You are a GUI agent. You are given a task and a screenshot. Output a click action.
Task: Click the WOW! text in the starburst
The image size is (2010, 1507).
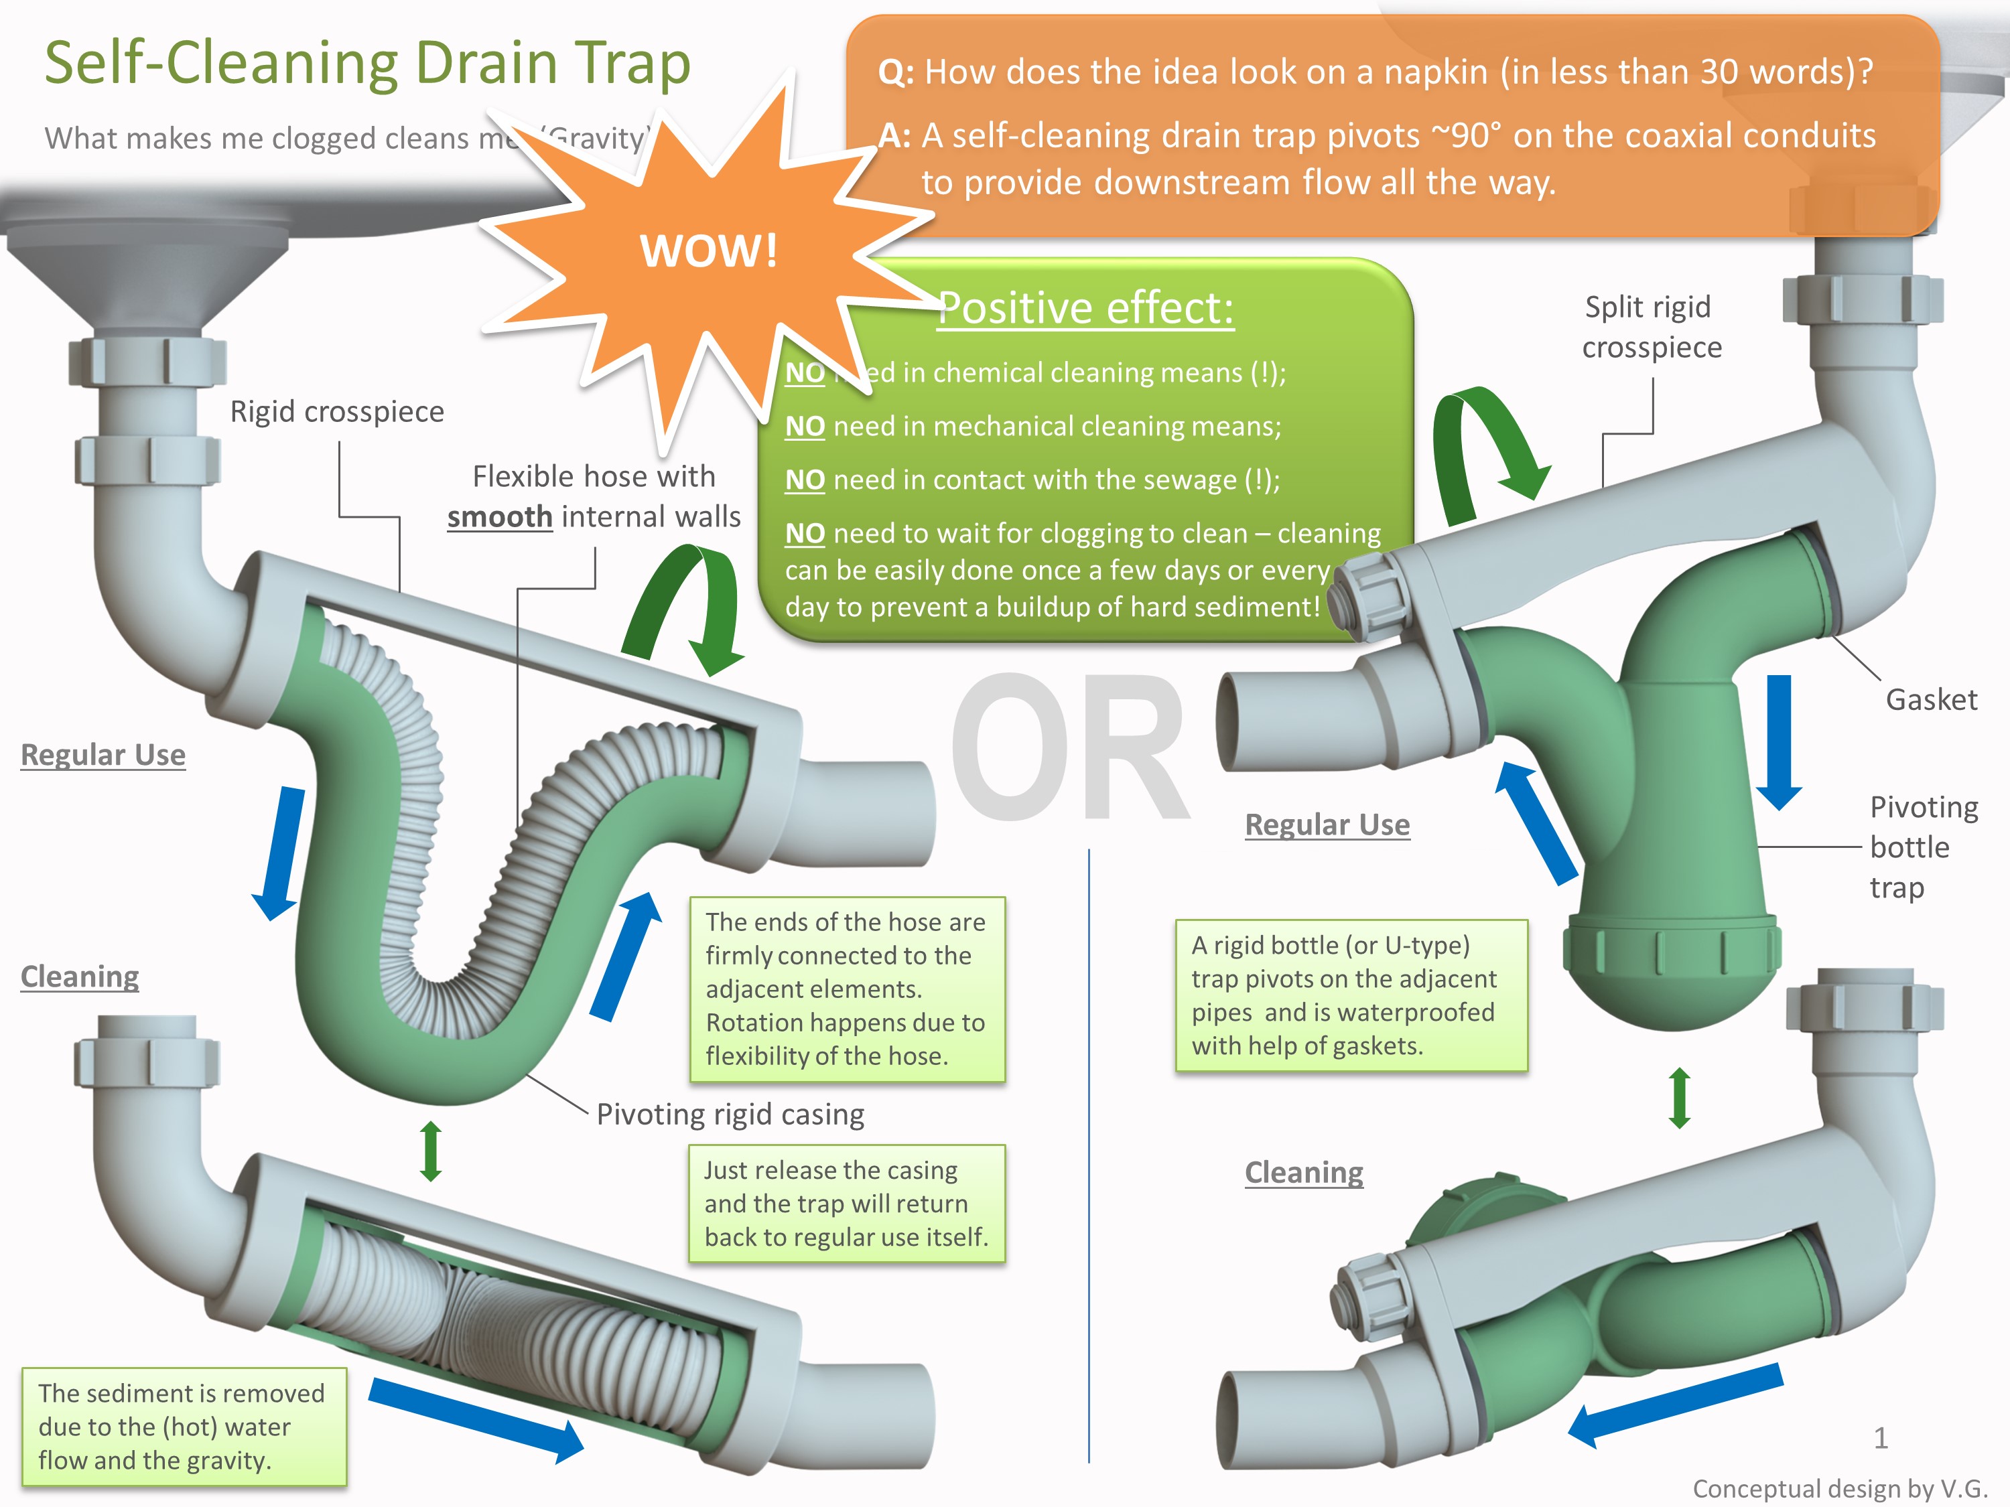tap(708, 250)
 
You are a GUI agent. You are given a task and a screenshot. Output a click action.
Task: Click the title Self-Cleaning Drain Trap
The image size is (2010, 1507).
tap(367, 64)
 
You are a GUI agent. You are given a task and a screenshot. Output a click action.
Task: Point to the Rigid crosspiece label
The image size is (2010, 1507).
tap(336, 411)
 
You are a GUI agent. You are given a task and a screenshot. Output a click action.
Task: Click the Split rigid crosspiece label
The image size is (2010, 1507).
tap(1650, 327)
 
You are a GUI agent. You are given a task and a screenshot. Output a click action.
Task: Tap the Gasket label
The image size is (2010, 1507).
tap(1930, 699)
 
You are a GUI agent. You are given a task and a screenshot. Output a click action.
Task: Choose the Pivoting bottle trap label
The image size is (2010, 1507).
tap(1922, 847)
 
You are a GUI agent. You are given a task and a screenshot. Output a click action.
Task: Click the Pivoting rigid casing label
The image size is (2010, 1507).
tap(730, 1114)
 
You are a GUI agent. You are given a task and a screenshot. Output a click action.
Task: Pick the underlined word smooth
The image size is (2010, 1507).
tap(499, 517)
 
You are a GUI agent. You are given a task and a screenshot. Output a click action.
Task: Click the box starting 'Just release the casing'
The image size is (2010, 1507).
tap(846, 1204)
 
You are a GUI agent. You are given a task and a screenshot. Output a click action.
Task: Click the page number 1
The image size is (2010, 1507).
tap(1880, 1438)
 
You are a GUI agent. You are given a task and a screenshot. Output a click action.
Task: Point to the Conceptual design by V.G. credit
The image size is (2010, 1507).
tap(1839, 1489)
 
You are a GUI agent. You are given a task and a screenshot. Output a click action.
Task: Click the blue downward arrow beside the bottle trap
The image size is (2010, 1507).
tap(1778, 740)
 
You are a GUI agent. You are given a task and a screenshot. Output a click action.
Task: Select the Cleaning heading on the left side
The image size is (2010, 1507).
tap(80, 977)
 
